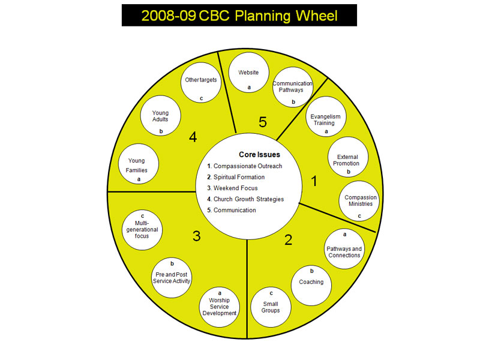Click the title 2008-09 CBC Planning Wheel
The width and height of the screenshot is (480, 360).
click(239, 16)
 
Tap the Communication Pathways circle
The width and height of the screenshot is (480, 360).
click(293, 88)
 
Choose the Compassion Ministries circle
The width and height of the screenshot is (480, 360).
click(361, 201)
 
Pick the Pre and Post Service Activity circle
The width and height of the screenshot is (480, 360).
click(172, 277)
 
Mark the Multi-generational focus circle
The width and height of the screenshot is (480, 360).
click(142, 230)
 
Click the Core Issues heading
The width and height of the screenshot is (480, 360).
click(259, 155)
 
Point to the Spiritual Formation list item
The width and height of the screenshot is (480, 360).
click(239, 177)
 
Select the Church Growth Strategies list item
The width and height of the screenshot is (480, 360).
click(245, 199)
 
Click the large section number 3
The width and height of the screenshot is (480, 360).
click(196, 236)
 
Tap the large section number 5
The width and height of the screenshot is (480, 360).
click(262, 122)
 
